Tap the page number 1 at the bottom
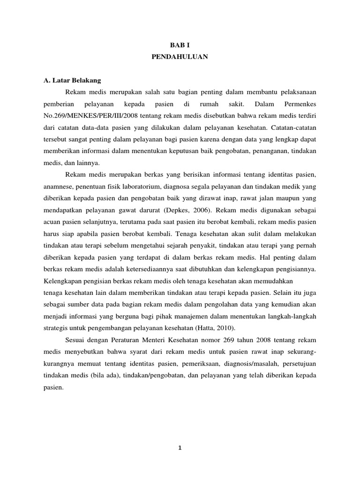[x=180, y=448]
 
